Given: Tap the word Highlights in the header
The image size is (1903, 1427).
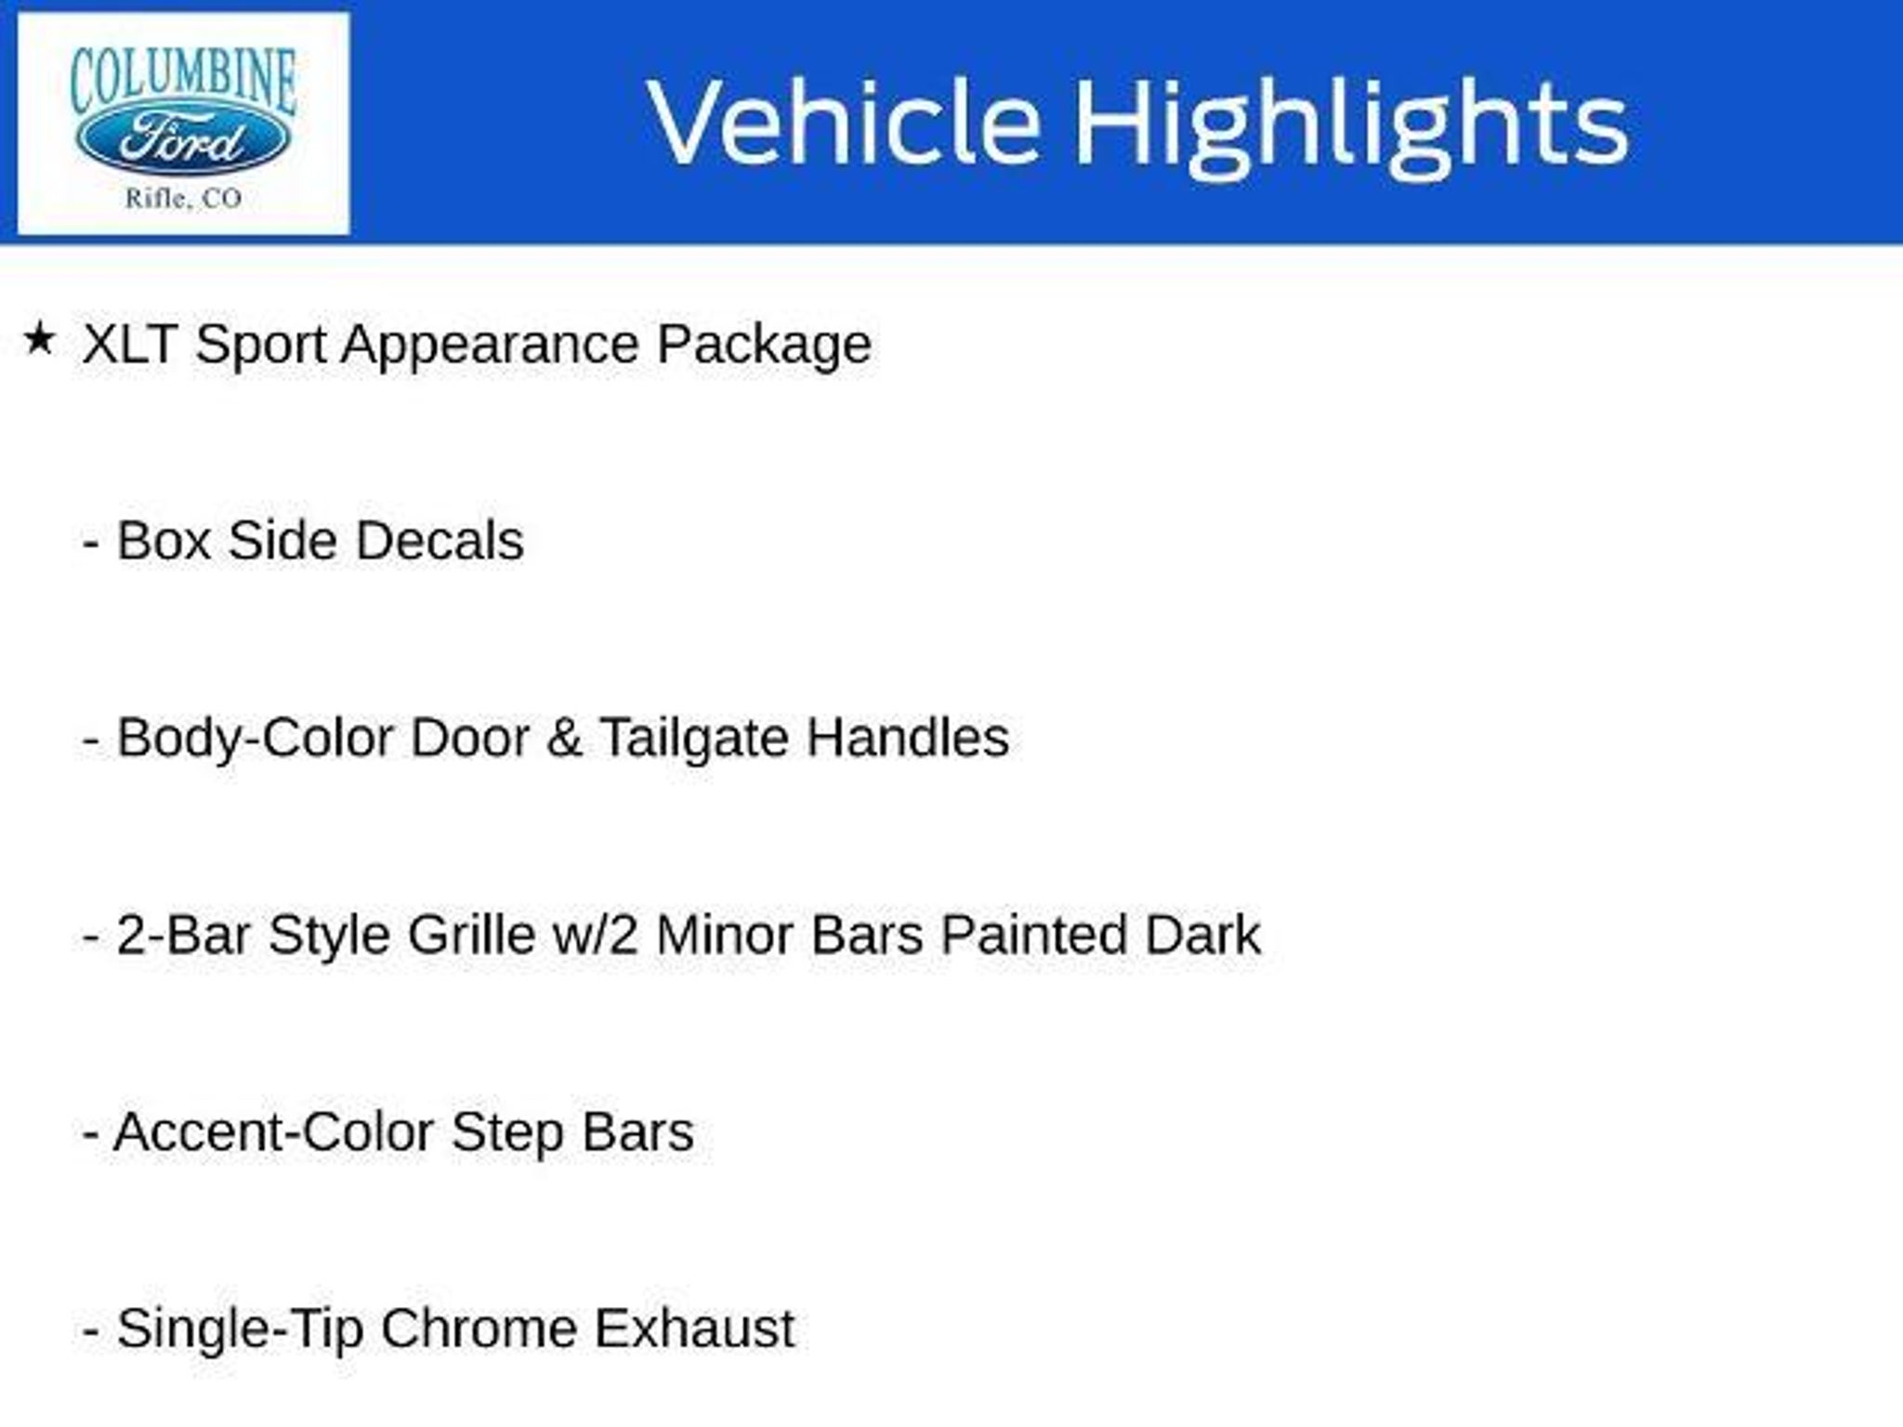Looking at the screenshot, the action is (1352, 127).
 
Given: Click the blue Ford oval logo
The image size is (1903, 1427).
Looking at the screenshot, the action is (183, 140).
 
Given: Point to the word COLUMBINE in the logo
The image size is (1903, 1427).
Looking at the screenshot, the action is (183, 79).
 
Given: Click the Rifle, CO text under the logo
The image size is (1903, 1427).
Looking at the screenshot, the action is (184, 198).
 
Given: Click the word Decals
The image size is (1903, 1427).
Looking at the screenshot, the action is (440, 542).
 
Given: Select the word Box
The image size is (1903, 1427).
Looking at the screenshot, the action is (164, 542).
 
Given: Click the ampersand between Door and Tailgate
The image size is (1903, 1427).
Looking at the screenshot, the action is (564, 739).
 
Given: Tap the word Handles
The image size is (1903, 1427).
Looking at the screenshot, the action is (907, 739).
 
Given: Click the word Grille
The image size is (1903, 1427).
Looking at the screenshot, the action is (471, 936).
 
